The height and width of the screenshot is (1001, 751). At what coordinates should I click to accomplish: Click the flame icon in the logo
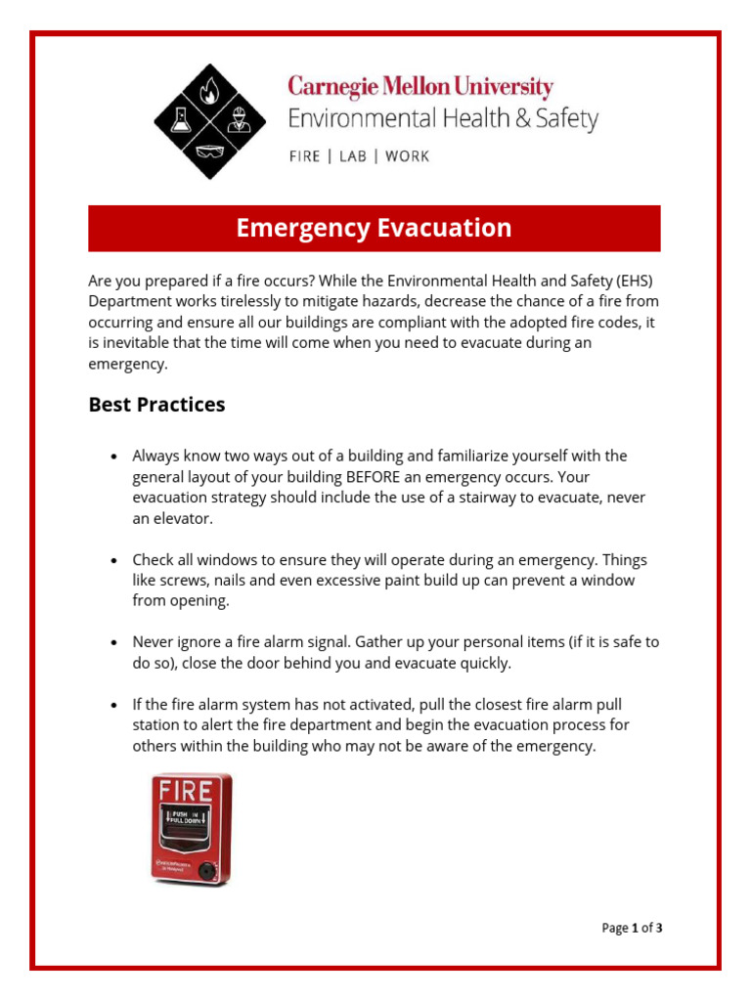[205, 92]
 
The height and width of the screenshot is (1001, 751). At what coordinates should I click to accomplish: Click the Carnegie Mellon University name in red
[420, 87]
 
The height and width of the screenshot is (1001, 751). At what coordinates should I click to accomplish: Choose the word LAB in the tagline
[353, 156]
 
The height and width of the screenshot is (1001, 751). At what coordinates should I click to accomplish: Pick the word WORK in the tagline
[407, 156]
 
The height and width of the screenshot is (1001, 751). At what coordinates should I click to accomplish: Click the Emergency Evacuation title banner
[375, 229]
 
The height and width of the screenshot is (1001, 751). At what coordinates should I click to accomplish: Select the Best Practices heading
[156, 405]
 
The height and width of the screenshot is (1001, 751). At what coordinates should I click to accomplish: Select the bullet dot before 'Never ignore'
[114, 643]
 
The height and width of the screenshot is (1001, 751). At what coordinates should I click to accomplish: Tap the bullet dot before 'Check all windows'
[114, 561]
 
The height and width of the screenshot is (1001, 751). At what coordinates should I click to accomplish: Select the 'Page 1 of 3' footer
[632, 928]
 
